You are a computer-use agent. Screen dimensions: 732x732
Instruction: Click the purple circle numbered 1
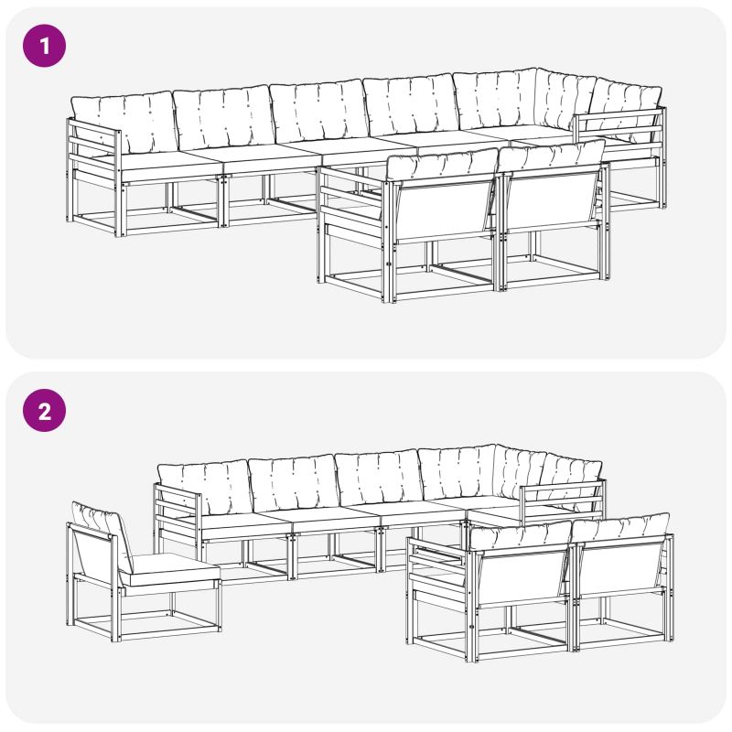point(44,46)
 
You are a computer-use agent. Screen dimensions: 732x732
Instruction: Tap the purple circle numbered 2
point(44,410)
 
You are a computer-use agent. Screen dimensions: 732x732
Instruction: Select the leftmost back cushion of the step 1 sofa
point(124,121)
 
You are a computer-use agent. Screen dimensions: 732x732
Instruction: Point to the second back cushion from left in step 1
point(223,117)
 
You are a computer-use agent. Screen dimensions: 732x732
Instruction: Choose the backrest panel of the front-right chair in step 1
point(552,199)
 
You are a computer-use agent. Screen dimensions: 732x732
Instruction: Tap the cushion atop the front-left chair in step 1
point(442,165)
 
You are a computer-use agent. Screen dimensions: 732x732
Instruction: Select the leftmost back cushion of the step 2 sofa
point(204,488)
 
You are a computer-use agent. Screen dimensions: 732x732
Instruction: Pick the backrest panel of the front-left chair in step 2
point(521,576)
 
